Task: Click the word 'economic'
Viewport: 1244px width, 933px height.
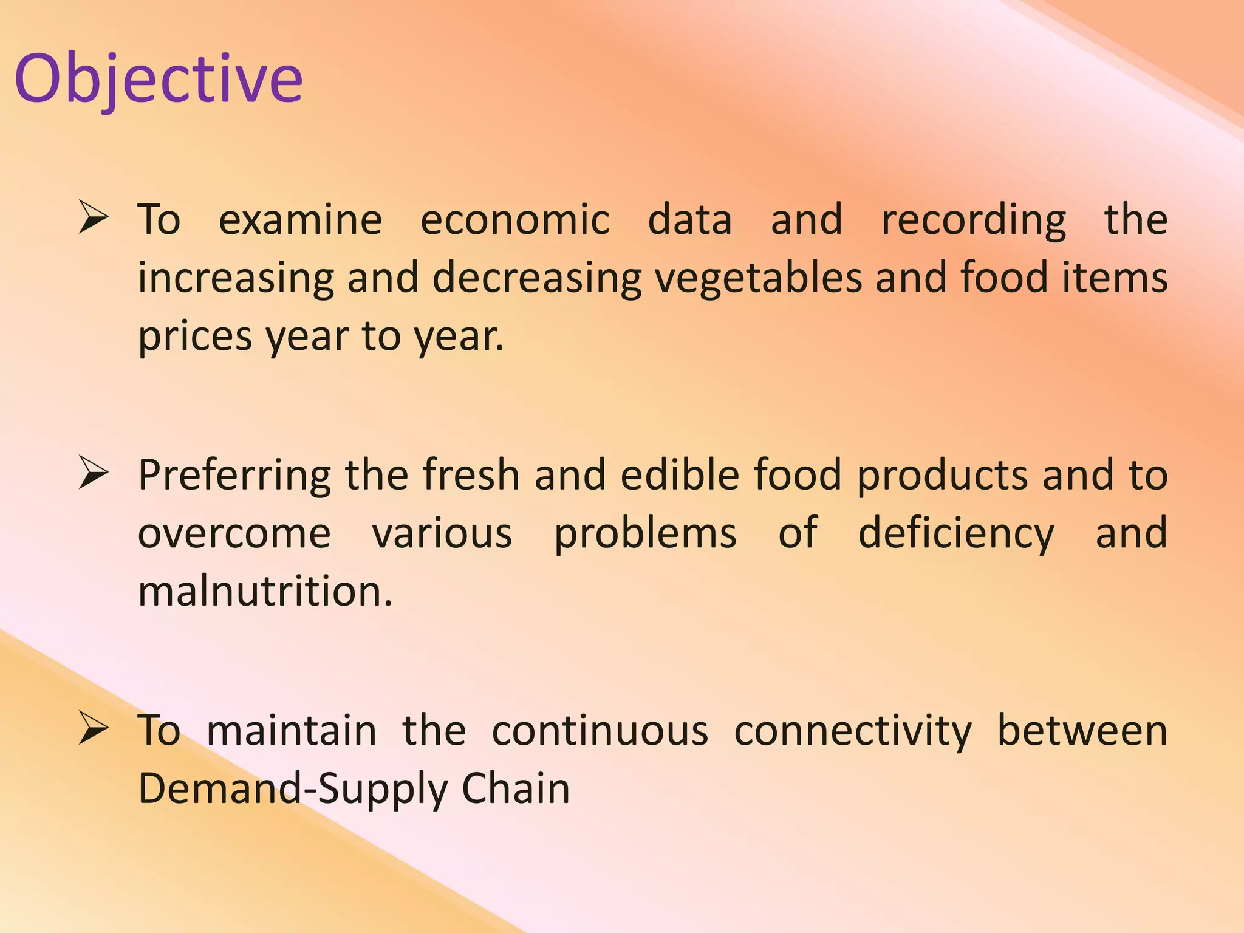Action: click(514, 220)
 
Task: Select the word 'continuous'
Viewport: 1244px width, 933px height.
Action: click(600, 731)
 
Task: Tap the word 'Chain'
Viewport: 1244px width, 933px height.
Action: click(516, 788)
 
